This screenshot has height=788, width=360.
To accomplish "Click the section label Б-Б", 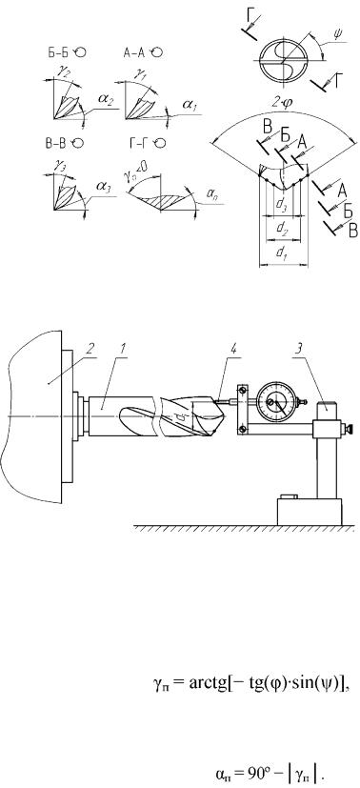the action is pos(59,52).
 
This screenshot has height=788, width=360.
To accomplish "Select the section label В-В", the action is pos(54,143).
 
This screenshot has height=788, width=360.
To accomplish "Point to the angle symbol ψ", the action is pos(336,35).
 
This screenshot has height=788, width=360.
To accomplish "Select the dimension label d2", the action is pos(281,227).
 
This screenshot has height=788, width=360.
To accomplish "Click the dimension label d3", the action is pos(281,205).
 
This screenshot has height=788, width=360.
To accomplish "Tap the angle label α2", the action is pos(106,103).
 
